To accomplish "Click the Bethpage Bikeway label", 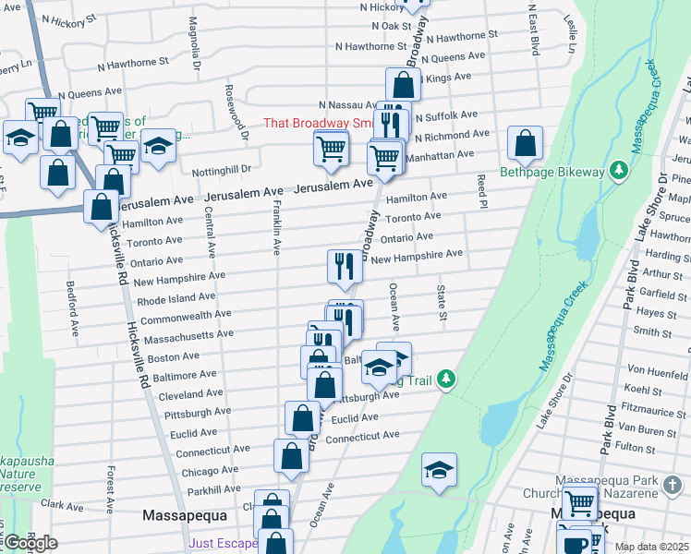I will (x=552, y=172).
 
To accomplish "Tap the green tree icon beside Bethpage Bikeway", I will (x=619, y=171).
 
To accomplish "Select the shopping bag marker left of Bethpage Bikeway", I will (x=525, y=144).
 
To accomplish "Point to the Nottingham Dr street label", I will (x=222, y=170).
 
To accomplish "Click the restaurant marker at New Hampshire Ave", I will (x=345, y=267).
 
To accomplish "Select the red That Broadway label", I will (x=318, y=123).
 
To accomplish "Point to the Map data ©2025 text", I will (x=650, y=547).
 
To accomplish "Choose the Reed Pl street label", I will (x=481, y=191).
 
